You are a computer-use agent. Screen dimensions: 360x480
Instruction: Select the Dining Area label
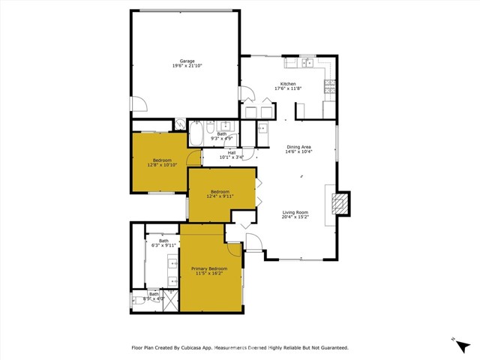[298, 146]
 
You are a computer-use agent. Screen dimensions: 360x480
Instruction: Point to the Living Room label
[295, 212]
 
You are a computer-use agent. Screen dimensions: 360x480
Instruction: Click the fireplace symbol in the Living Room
[341, 202]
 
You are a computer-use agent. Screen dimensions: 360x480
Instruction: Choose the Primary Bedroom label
[209, 268]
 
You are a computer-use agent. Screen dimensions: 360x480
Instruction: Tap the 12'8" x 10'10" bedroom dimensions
[162, 165]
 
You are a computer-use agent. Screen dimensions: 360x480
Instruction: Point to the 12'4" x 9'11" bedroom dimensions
[220, 196]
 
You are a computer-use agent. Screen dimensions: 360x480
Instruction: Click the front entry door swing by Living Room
[253, 243]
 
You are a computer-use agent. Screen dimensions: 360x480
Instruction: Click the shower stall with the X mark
[170, 301]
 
